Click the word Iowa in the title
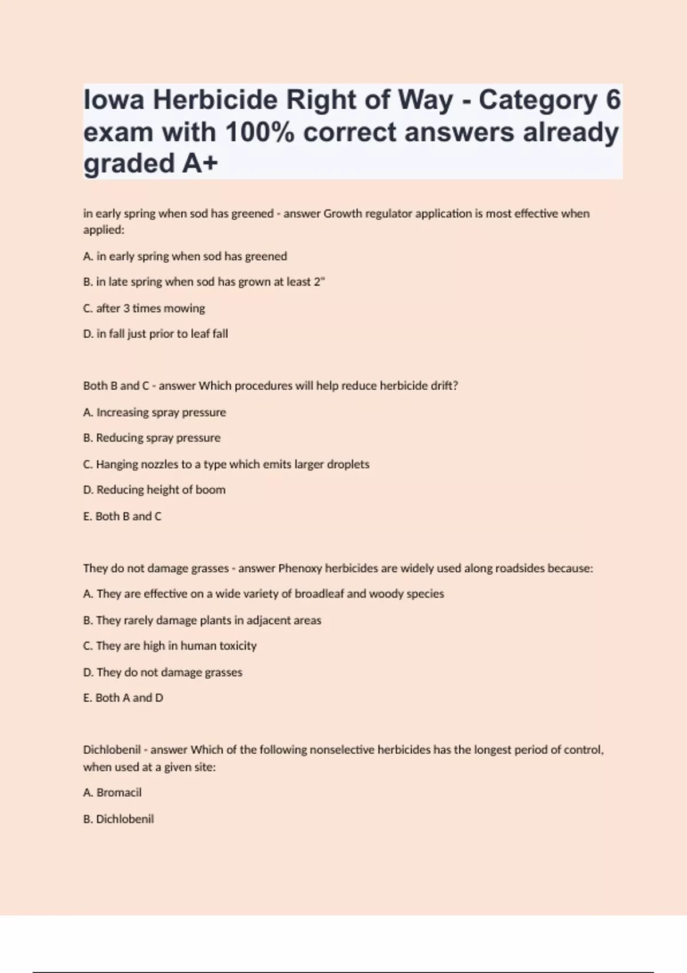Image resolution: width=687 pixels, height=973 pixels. click(x=114, y=100)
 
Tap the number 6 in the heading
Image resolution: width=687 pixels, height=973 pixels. click(x=613, y=100)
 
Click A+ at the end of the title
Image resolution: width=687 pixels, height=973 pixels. click(x=200, y=164)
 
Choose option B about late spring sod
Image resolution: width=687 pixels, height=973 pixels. click(x=204, y=282)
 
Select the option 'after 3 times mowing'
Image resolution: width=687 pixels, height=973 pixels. click(x=144, y=308)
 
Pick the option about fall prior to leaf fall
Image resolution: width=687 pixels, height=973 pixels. click(x=156, y=334)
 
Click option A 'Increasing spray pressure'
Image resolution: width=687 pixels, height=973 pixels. click(x=155, y=413)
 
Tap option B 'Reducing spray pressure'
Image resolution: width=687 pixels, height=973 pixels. click(x=152, y=438)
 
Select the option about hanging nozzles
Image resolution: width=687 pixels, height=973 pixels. click(x=226, y=464)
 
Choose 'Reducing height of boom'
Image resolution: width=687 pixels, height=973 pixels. click(x=155, y=490)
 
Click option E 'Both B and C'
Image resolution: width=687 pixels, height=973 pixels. click(x=123, y=516)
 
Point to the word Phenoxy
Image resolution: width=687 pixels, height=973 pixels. click(x=300, y=568)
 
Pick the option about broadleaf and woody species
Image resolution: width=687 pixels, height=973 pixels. click(x=263, y=594)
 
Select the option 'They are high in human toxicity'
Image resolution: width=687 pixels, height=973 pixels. click(x=170, y=646)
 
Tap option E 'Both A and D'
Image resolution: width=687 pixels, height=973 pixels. click(x=123, y=698)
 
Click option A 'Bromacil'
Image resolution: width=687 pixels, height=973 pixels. click(x=112, y=793)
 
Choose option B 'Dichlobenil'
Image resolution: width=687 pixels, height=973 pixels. click(x=119, y=819)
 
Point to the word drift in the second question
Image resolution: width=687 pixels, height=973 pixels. click(x=444, y=386)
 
